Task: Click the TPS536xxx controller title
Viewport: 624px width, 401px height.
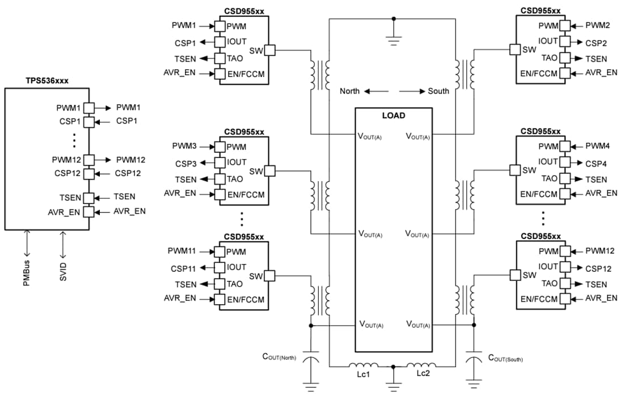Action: pos(47,81)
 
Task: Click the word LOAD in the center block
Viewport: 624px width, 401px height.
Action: pos(393,115)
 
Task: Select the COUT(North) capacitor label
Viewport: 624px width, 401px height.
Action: pos(279,357)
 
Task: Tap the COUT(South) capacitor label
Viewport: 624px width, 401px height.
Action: pos(505,358)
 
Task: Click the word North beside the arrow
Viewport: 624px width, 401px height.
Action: pos(349,91)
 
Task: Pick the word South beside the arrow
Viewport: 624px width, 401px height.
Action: pos(439,91)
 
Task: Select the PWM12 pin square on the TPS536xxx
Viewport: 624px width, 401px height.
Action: pos(89,160)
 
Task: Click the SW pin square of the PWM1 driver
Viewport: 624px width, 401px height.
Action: pos(269,50)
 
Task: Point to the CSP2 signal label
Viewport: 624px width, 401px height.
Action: pos(596,42)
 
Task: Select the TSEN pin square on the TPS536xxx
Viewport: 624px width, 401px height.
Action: pos(89,198)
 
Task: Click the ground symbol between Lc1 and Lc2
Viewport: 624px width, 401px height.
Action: pos(393,385)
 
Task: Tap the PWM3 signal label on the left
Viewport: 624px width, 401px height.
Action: pos(184,146)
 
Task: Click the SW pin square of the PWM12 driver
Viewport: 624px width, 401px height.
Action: pos(515,275)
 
